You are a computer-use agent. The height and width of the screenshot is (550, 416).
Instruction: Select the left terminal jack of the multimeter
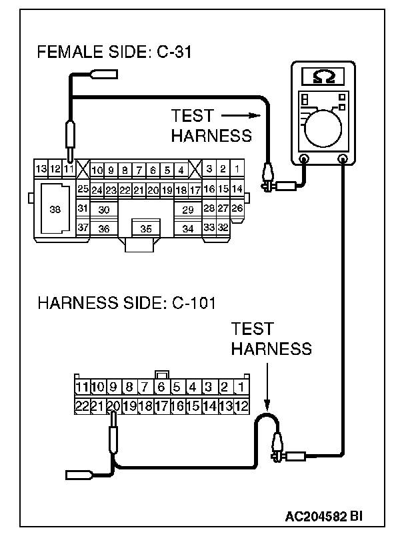(304, 159)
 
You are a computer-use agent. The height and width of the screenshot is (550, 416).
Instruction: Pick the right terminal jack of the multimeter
(343, 159)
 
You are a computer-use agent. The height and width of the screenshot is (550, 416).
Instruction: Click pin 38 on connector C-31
(55, 209)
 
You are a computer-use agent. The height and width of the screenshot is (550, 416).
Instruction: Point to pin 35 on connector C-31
(146, 228)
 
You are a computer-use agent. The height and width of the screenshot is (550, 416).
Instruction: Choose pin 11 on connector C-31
(68, 169)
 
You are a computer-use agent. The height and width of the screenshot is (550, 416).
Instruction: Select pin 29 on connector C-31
(187, 210)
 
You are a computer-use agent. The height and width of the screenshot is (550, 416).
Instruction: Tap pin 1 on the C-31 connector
(236, 169)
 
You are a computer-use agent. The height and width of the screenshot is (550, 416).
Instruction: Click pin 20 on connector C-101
(113, 405)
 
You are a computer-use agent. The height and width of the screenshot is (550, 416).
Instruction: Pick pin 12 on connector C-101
(241, 405)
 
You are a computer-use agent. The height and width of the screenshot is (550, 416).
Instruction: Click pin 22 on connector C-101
(81, 405)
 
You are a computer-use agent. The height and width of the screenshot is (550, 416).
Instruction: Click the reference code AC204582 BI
(324, 516)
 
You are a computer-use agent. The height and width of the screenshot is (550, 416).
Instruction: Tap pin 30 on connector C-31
(103, 210)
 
